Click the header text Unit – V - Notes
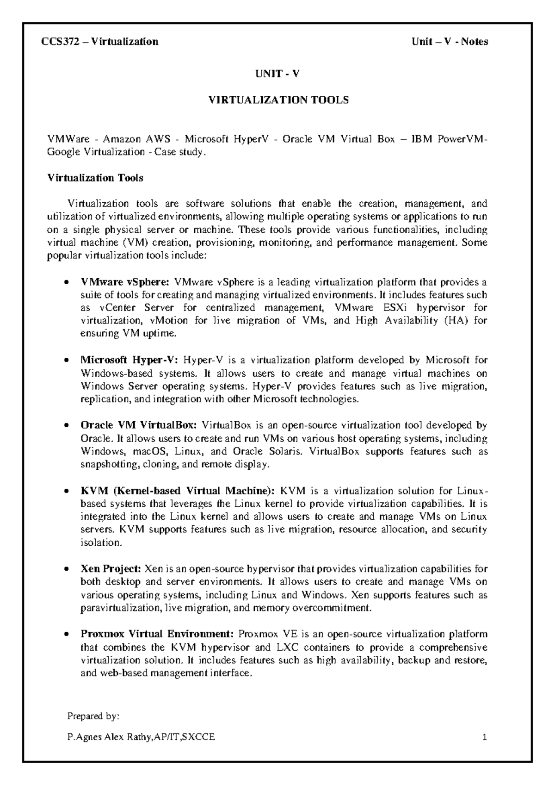pos(450,42)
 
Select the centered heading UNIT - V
pos(277,74)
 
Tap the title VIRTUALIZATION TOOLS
pos(277,100)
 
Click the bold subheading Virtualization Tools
pos(95,178)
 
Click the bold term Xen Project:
pos(111,569)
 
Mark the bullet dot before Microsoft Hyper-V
pos(67,361)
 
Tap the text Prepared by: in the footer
pos(93,716)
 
